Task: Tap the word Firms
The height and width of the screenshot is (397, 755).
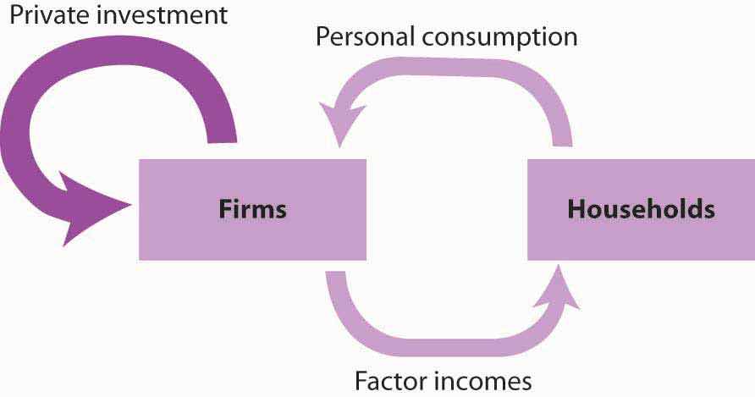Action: coord(252,209)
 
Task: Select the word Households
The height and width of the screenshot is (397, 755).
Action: coord(641,209)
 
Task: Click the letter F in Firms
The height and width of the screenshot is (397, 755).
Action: coord(224,209)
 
